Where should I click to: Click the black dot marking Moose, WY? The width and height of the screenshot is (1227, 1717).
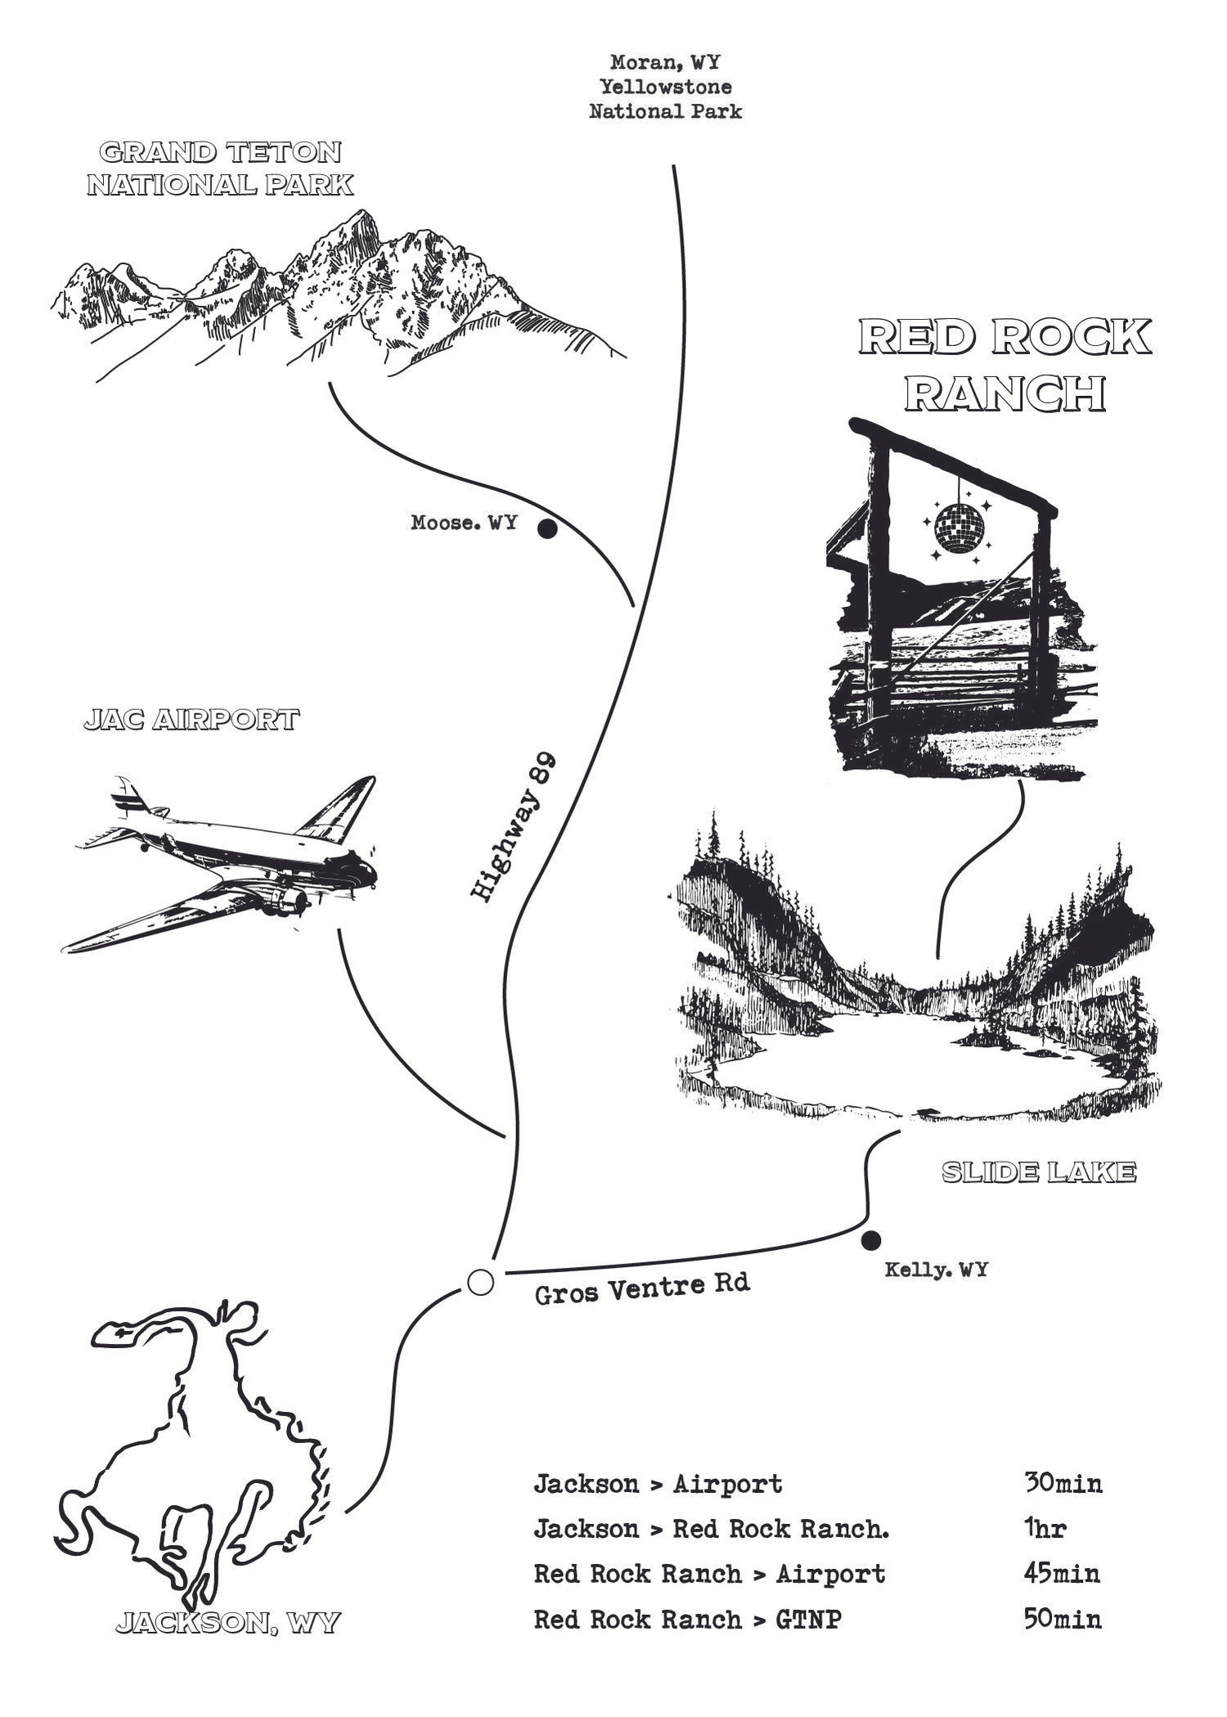tap(547, 529)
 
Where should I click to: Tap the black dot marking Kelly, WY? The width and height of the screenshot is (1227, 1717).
tap(872, 1239)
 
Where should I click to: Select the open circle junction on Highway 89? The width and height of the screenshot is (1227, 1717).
tap(480, 1282)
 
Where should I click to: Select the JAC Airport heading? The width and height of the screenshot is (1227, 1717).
tap(191, 721)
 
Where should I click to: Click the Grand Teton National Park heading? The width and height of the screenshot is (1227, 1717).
tap(220, 169)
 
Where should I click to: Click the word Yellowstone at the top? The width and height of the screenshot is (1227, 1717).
tap(665, 86)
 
